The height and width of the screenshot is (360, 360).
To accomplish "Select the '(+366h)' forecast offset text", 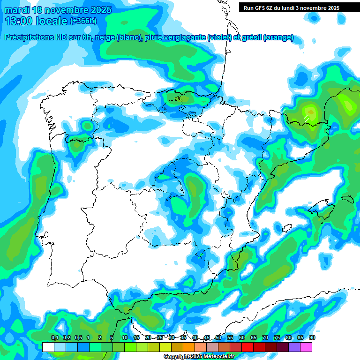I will click(83, 21).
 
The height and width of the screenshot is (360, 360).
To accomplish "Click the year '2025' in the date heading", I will click(98, 10).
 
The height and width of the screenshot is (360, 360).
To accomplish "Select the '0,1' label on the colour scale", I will click(54, 337).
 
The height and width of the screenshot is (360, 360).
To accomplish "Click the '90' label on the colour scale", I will click(312, 337).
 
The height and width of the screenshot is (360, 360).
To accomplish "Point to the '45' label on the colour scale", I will click(207, 337).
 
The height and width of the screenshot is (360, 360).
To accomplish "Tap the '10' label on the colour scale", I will click(124, 337).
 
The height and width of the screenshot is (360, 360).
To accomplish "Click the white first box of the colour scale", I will click(48, 347).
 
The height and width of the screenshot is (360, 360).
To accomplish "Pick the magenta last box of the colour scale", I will click(306, 347).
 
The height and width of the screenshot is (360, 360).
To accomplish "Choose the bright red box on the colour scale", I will click(247, 347).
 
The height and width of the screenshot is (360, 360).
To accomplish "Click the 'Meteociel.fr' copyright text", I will click(215, 357).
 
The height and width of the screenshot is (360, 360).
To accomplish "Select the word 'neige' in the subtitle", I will click(105, 37).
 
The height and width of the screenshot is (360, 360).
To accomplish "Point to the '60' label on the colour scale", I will click(242, 337).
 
